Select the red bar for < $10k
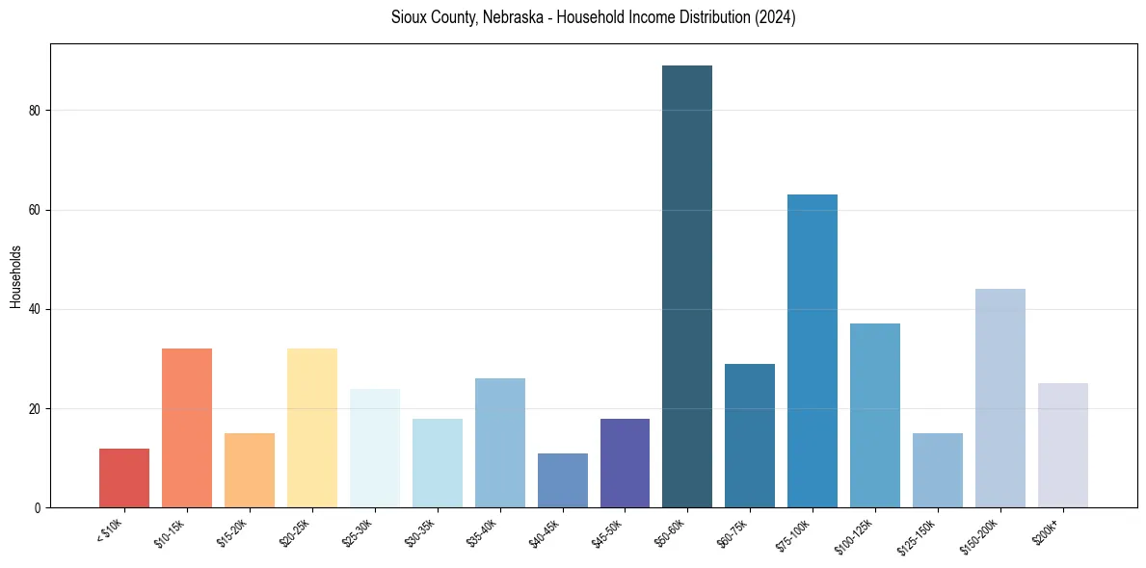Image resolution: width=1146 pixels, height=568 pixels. pyautogui.click(x=124, y=478)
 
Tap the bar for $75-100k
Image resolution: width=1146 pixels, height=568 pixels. pyautogui.click(x=813, y=351)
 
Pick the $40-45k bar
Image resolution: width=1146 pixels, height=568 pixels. pyautogui.click(x=562, y=480)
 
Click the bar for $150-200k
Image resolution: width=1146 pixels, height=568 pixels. pyautogui.click(x=1000, y=399)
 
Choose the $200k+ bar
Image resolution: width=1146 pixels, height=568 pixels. pyautogui.click(x=1063, y=446)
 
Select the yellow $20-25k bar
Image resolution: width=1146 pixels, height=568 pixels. pyautogui.click(x=312, y=428)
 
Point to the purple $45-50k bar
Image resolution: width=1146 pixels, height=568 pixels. pyautogui.click(x=625, y=463)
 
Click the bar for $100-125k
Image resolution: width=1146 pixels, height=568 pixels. pyautogui.click(x=875, y=416)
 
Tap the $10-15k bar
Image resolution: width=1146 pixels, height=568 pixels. pyautogui.click(x=187, y=428)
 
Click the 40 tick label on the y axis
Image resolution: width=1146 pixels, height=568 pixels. pyautogui.click(x=36, y=309)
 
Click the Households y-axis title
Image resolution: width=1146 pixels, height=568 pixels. pyautogui.click(x=15, y=276)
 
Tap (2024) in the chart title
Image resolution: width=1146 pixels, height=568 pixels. pyautogui.click(x=776, y=17)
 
